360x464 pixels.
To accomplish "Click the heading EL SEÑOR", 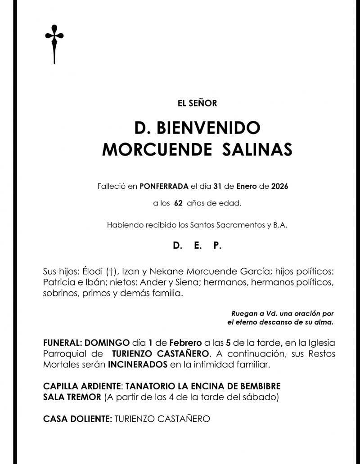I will pyautogui.click(x=198, y=103).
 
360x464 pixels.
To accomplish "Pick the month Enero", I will pyautogui.click(x=247, y=186).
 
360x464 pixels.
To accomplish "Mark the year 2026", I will pyautogui.click(x=279, y=186).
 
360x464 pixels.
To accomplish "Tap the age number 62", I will pyautogui.click(x=178, y=203).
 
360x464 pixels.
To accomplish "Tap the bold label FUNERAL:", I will pyautogui.click(x=63, y=343).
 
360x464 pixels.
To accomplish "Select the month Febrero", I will pyautogui.click(x=185, y=343).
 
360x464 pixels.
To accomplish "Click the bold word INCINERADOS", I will pyautogui.click(x=138, y=365).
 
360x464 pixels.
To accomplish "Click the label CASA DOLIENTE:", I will pyautogui.click(x=77, y=419).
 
